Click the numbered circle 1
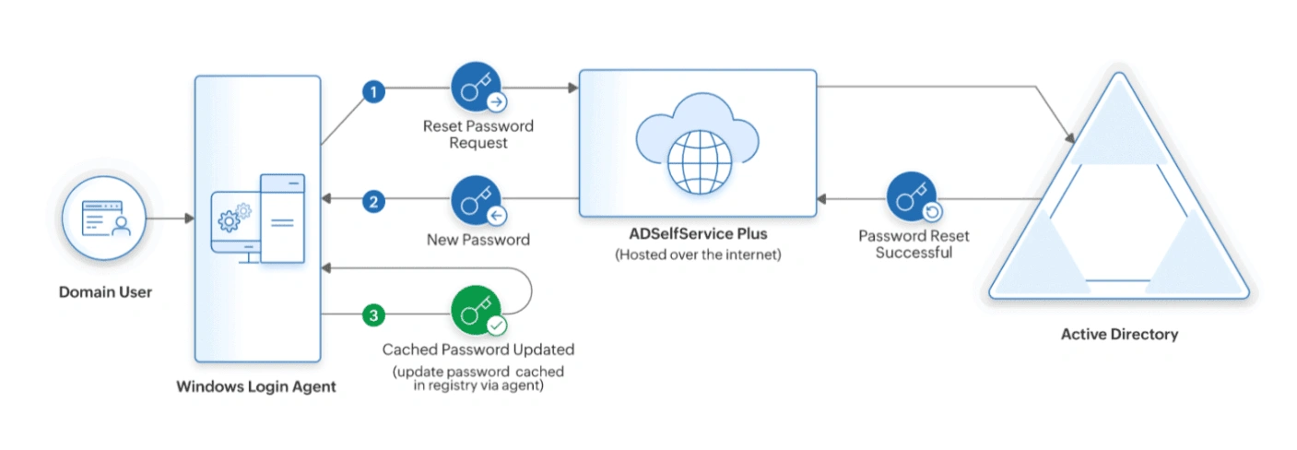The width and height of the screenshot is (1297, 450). click(x=372, y=90)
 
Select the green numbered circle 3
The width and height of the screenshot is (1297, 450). click(x=372, y=315)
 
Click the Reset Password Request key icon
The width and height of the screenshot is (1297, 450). click(x=477, y=89)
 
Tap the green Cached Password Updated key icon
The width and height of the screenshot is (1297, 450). click(x=477, y=312)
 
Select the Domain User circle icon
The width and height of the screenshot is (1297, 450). click(x=104, y=219)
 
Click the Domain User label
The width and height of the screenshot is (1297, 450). click(x=105, y=292)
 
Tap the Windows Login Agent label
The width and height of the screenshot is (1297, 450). click(x=256, y=387)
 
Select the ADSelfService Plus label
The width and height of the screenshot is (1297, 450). click(x=697, y=233)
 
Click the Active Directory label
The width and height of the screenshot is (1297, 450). click(x=1119, y=334)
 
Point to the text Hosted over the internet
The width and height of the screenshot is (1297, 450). click(x=698, y=255)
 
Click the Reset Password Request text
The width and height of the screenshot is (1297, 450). click(x=478, y=135)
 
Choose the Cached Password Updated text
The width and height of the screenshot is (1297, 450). click(x=478, y=349)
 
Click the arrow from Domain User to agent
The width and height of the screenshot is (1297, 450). click(x=171, y=219)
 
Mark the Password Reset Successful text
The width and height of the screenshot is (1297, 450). click(x=914, y=244)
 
